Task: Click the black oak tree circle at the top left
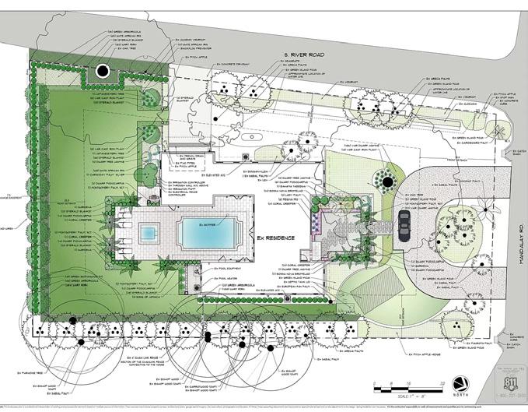[x=102, y=72]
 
